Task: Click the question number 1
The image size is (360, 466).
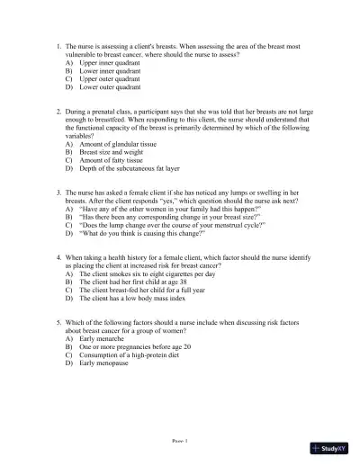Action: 58,44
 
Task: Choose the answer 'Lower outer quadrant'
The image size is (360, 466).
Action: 110,88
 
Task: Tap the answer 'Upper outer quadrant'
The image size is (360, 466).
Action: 110,80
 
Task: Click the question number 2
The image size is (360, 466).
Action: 58,113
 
